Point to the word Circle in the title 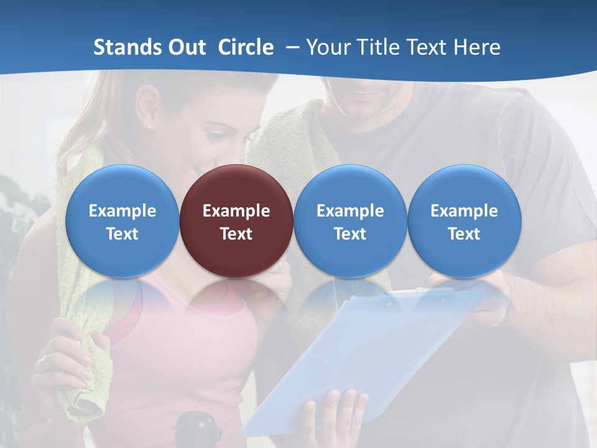tap(246, 47)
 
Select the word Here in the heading tap(478, 47)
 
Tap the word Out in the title tap(186, 47)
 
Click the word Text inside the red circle tap(236, 234)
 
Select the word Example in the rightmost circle tap(464, 211)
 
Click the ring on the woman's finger tap(41, 359)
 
